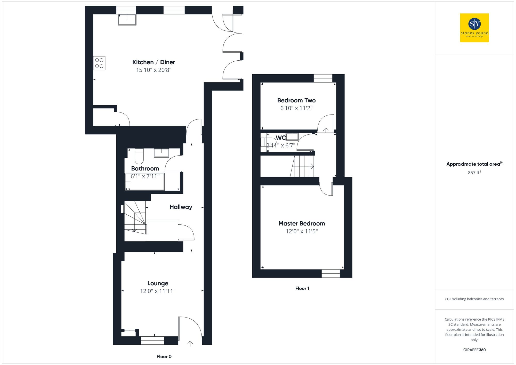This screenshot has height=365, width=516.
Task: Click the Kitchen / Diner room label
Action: pyautogui.click(x=154, y=62)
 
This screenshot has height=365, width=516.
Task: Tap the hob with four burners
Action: pyautogui.click(x=99, y=63)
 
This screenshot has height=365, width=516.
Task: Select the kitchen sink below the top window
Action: pyautogui.click(x=127, y=20)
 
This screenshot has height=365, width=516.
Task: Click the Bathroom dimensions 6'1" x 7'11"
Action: pyautogui.click(x=145, y=176)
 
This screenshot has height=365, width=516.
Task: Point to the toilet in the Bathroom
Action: pyautogui.click(x=139, y=156)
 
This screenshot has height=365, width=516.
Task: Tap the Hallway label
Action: pyautogui.click(x=181, y=207)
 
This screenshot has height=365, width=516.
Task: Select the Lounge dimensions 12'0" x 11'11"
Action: pyautogui.click(x=158, y=291)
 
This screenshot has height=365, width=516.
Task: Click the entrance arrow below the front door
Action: pyautogui.click(x=190, y=343)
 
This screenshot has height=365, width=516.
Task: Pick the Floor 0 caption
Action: pyautogui.click(x=164, y=356)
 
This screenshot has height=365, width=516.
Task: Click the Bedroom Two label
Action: pyautogui.click(x=296, y=100)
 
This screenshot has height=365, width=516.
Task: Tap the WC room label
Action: pyautogui.click(x=280, y=138)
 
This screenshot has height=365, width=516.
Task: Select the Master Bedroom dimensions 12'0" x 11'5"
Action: pyautogui.click(x=302, y=231)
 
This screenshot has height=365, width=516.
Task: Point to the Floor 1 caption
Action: pyautogui.click(x=302, y=288)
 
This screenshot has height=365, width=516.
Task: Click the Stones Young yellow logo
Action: pyautogui.click(x=474, y=28)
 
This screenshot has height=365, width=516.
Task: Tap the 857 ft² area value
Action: pyautogui.click(x=474, y=173)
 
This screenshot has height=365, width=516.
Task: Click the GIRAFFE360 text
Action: pyautogui.click(x=474, y=350)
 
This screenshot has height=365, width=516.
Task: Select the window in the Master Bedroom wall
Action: pyautogui.click(x=330, y=273)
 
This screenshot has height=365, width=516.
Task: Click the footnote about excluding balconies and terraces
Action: pyautogui.click(x=474, y=299)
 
